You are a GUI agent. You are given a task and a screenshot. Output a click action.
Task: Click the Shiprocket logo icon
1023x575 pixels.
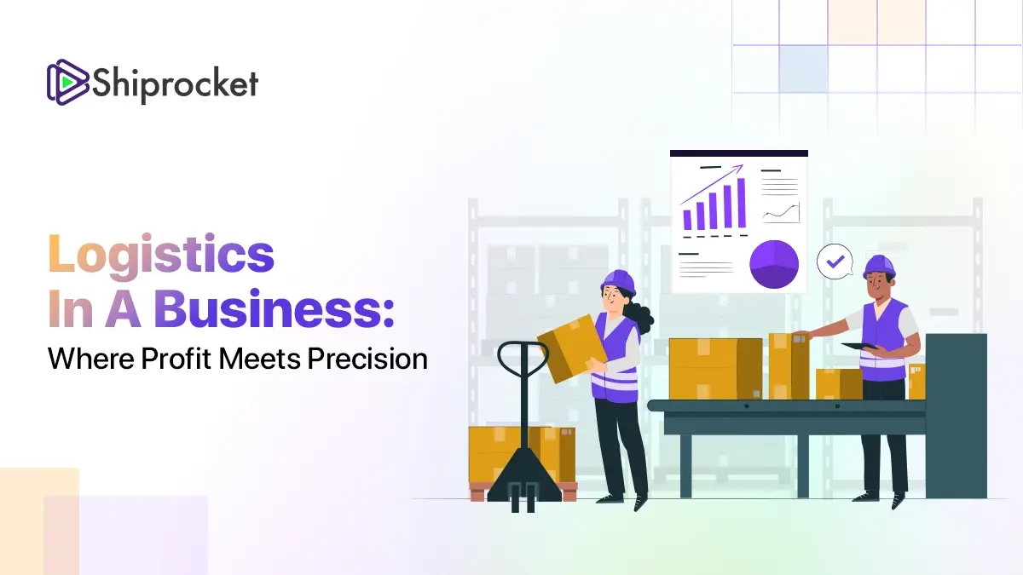coord(67,83)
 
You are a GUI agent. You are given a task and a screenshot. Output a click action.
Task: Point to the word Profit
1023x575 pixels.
coord(176,359)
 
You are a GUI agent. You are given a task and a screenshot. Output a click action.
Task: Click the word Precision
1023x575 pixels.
coord(367,359)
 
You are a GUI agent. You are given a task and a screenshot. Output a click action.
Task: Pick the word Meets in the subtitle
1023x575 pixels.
coord(259,359)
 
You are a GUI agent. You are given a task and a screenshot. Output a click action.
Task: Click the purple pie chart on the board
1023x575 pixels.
coord(774,264)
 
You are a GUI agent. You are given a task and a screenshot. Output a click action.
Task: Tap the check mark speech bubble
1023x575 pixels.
coord(835,262)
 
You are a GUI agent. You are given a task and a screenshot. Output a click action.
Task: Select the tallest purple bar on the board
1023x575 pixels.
coord(741,203)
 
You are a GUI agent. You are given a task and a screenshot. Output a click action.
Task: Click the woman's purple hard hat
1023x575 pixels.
coord(618,283)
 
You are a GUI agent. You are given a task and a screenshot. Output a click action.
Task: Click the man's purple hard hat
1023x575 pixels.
coord(879,267)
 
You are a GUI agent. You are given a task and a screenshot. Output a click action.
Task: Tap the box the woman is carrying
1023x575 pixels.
coord(572,348)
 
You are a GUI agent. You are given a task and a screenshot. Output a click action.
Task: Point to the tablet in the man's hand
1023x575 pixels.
coord(859,347)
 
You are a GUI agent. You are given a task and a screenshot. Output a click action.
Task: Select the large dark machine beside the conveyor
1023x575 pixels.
coord(957,416)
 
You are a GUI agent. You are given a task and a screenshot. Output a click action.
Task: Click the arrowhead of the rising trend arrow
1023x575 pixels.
coord(739,169)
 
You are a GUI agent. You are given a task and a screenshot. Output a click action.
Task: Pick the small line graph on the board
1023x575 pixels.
coord(781,213)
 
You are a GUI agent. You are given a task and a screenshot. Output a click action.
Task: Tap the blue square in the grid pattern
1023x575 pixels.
coord(803,69)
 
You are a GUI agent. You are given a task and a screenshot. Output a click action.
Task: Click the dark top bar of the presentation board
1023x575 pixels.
coord(739,153)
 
